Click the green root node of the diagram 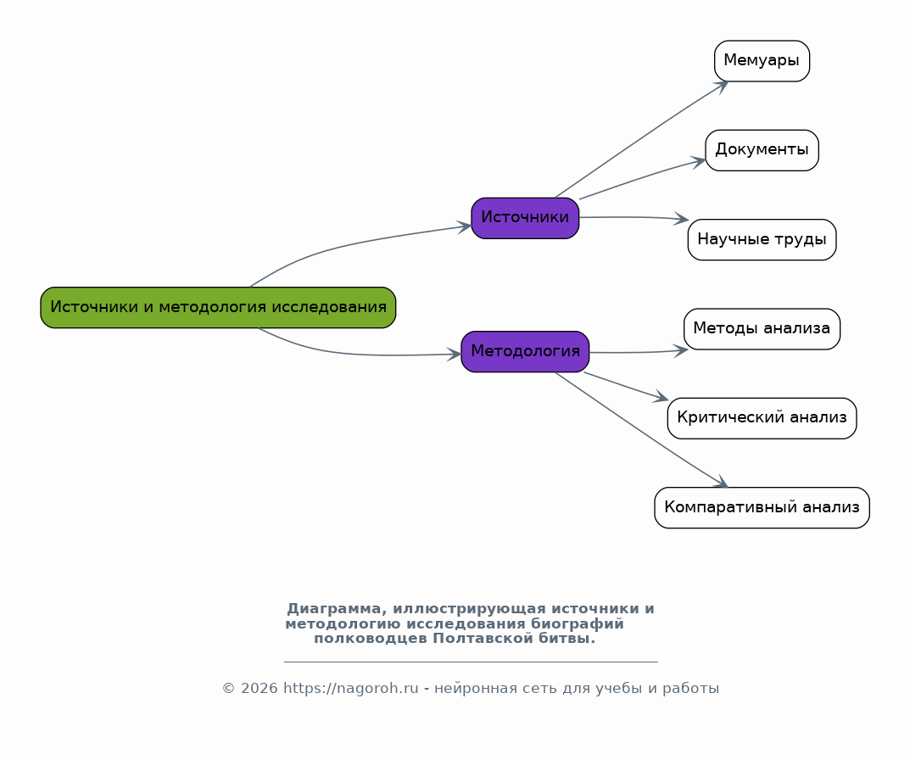click(x=218, y=308)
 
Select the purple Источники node click(x=525, y=218)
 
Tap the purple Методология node click(x=525, y=352)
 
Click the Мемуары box click(x=762, y=61)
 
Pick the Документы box click(x=762, y=150)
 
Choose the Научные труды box click(x=762, y=240)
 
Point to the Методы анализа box click(x=762, y=329)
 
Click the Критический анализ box click(x=762, y=419)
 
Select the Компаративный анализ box click(x=762, y=508)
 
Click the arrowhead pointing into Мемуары click(x=722, y=87)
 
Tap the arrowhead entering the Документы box click(x=698, y=162)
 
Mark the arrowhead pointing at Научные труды click(x=681, y=219)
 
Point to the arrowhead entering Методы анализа click(x=681, y=350)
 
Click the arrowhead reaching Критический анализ click(x=661, y=397)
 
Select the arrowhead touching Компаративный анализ click(x=721, y=481)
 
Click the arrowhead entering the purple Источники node click(x=464, y=227)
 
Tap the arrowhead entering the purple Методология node click(x=454, y=355)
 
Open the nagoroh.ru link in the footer click(x=350, y=689)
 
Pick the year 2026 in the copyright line click(x=259, y=689)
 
